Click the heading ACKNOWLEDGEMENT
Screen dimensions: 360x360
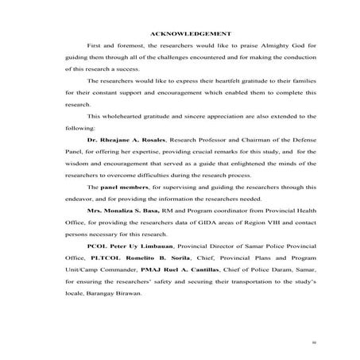pyautogui.click(x=191, y=33)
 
